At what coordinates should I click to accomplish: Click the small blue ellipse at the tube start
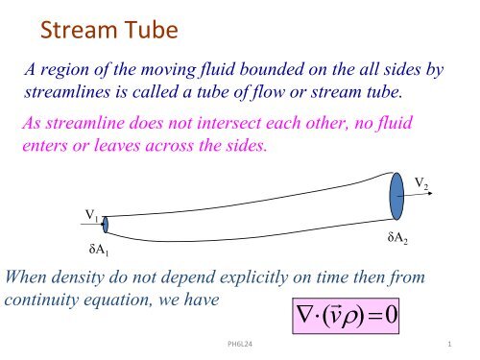[105, 226]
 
